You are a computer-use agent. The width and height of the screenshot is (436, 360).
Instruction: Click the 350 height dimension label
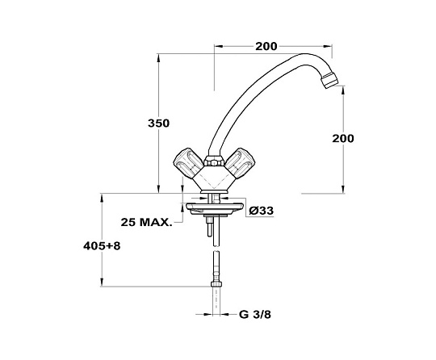tap(158, 123)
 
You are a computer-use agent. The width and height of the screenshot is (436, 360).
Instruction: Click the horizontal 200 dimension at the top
tap(266, 47)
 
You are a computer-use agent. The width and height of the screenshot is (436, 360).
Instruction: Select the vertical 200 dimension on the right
tap(343, 138)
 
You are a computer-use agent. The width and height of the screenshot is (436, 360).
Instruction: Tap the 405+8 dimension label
tap(102, 245)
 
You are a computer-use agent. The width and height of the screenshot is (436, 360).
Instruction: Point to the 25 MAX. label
tap(146, 222)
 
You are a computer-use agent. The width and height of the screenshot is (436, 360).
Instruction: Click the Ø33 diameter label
tap(261, 211)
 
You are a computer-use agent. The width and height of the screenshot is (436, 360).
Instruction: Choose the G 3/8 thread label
tap(254, 315)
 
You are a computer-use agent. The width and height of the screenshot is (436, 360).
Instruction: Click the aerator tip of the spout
tap(329, 80)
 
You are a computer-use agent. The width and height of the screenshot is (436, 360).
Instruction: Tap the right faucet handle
tap(239, 163)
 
